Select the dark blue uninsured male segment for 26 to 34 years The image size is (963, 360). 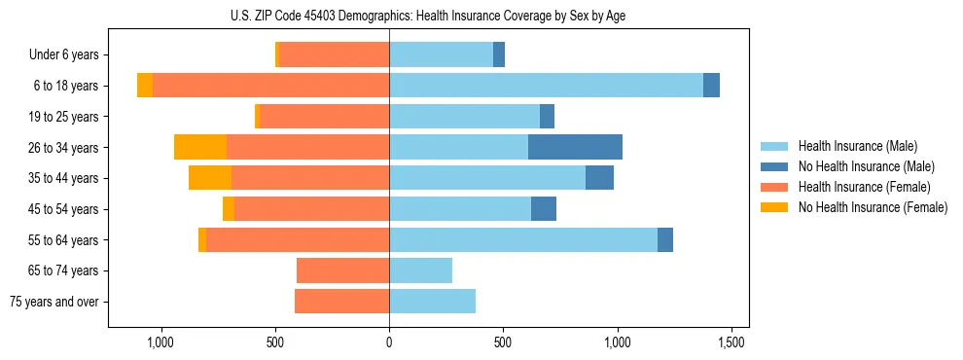[x=575, y=147]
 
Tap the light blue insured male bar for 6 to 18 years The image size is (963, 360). [x=546, y=86]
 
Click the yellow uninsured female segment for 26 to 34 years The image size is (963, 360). [x=200, y=147]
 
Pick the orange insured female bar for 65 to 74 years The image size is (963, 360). [x=342, y=270]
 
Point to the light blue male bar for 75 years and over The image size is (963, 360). [x=432, y=302]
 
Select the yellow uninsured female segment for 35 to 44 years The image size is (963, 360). [x=210, y=178]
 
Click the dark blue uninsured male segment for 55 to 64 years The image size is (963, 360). [x=665, y=239]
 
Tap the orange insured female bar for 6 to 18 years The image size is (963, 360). [x=270, y=86]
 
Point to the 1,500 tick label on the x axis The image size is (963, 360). [x=731, y=342]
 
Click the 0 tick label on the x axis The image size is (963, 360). [x=389, y=342]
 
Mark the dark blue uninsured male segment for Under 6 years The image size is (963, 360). [x=499, y=54]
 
